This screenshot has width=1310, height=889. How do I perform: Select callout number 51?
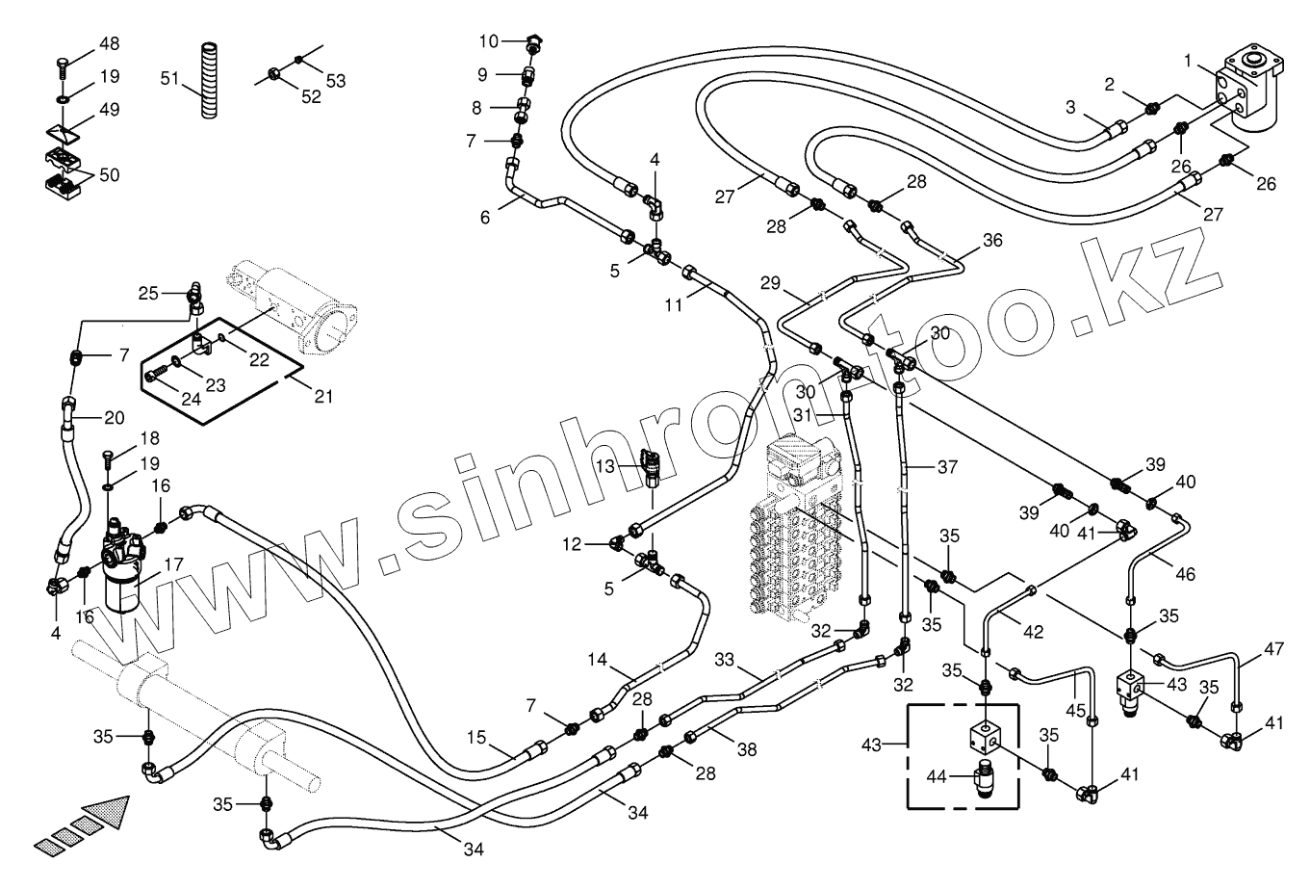pyautogui.click(x=170, y=78)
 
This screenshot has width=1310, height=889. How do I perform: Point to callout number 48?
pyautogui.click(x=109, y=44)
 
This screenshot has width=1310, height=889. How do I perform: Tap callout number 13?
pyautogui.click(x=603, y=465)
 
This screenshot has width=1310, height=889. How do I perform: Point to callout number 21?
pyautogui.click(x=323, y=397)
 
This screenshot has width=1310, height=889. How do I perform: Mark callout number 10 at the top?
pyautogui.click(x=489, y=41)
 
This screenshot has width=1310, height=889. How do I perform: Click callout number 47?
pyautogui.click(x=1273, y=649)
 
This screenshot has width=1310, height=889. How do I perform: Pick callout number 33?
pyautogui.click(x=725, y=661)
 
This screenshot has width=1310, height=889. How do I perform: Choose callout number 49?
pyautogui.click(x=109, y=109)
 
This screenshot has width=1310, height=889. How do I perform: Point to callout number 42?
pyautogui.click(x=1032, y=633)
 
